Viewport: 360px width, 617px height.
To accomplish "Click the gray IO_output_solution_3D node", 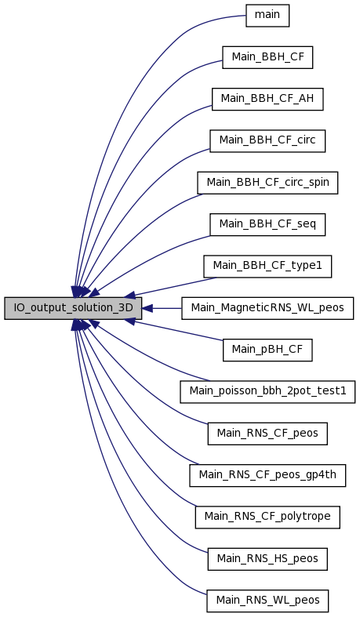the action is coord(73,308).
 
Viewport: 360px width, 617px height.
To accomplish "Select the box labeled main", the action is coord(267,16).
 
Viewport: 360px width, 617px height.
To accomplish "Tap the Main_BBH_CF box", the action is coord(267,57).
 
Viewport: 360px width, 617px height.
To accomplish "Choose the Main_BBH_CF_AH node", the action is coord(267,99).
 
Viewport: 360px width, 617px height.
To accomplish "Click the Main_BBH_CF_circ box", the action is coord(267,141).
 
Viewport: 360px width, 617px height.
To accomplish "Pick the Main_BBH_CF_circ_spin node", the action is coord(267,183).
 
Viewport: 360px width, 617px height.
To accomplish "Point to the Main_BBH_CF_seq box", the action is coord(267,225).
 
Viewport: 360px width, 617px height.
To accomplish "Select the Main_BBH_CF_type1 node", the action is coord(267,267).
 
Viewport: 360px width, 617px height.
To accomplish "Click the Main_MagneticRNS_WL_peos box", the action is coord(267,308).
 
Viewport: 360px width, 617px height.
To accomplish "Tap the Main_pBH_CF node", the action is coord(267,350).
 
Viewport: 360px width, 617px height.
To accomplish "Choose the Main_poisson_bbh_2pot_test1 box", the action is coord(267,391).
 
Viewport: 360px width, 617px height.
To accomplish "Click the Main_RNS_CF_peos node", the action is coord(267,434).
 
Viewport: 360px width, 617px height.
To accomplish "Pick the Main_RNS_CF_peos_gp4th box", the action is coord(267,475).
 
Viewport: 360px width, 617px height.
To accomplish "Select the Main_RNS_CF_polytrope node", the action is coord(267,517).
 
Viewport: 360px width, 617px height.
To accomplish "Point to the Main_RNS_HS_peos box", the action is coord(267,559).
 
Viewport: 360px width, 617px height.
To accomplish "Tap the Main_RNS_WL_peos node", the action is coord(267,601).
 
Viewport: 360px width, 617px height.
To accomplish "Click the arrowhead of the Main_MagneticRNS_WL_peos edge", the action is coord(147,308).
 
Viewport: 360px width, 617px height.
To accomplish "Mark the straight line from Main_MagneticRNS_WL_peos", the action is coord(167,308).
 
